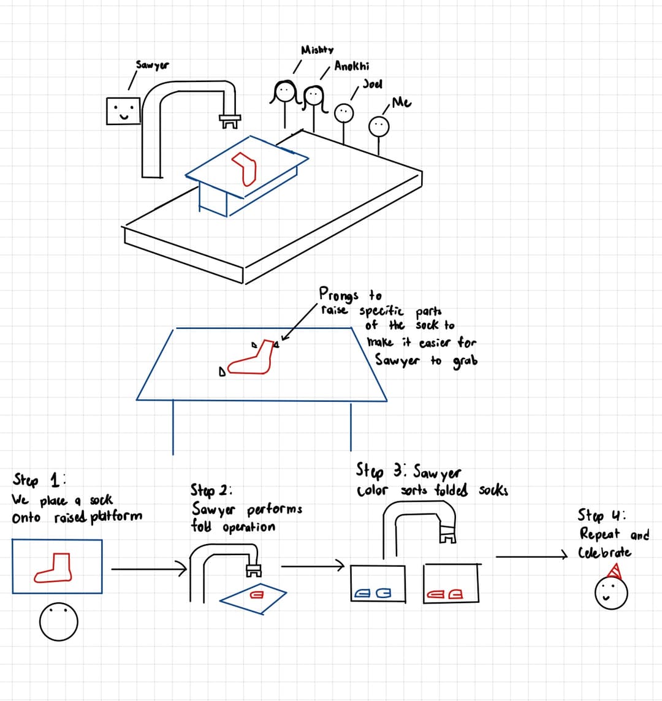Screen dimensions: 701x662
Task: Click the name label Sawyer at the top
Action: point(153,64)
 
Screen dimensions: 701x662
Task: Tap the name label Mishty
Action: point(317,50)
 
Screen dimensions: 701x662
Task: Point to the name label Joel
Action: point(372,83)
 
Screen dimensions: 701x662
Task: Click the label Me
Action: point(401,102)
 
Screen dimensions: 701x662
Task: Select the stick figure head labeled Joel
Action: point(344,113)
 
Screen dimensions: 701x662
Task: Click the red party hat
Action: point(615,571)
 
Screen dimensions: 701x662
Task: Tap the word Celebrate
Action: point(605,553)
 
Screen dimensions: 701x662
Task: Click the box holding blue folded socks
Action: point(378,583)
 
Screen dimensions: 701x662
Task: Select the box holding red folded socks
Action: point(451,583)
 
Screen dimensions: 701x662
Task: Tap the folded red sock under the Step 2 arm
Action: point(256,594)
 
